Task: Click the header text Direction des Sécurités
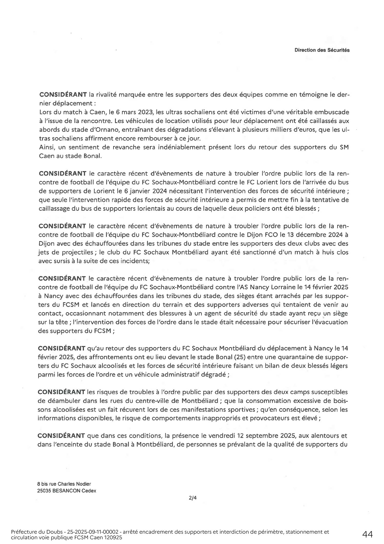[322, 50]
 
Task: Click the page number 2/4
[193, 498]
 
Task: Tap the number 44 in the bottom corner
[367, 535]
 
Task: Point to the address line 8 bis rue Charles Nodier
[64, 484]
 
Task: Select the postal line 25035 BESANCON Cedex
[67, 491]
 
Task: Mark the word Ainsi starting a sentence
[47, 147]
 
